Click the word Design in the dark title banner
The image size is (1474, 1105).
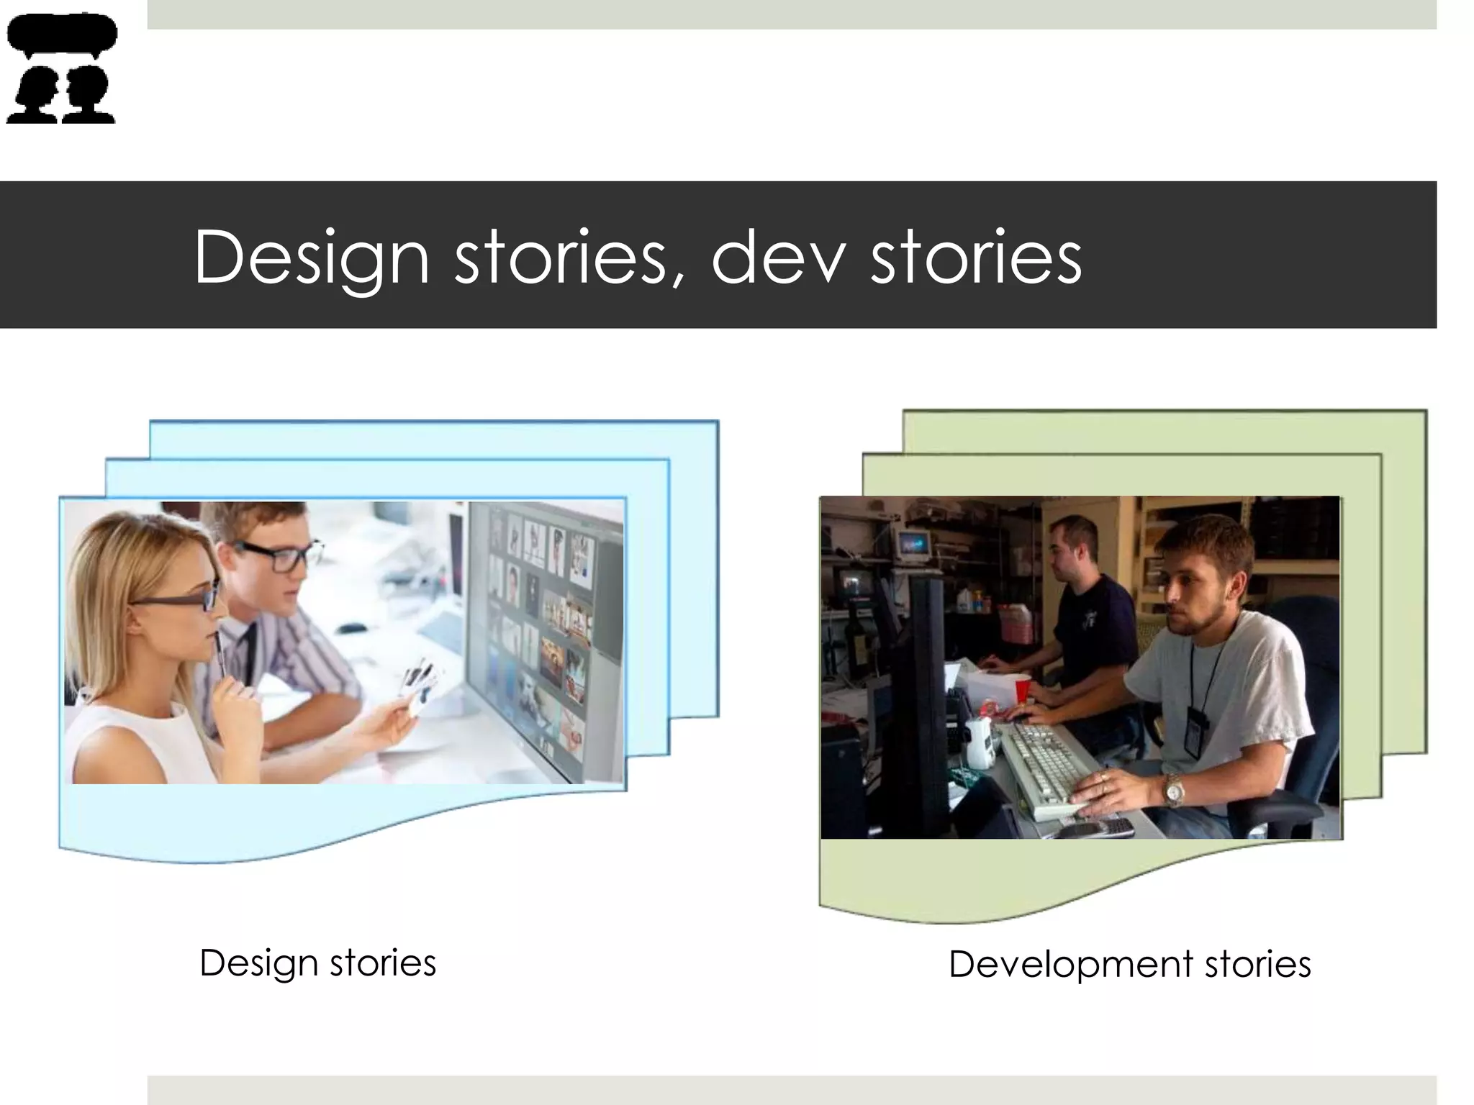click(x=311, y=258)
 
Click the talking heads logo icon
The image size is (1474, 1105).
click(x=61, y=68)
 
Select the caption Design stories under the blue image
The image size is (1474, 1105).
click(x=317, y=963)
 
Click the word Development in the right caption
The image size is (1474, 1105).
click(x=1070, y=964)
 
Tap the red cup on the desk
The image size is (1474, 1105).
click(x=1022, y=690)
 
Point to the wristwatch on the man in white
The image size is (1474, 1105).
click(x=1174, y=790)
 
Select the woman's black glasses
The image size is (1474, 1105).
click(x=176, y=599)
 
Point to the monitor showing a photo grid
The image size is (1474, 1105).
click(x=543, y=633)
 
